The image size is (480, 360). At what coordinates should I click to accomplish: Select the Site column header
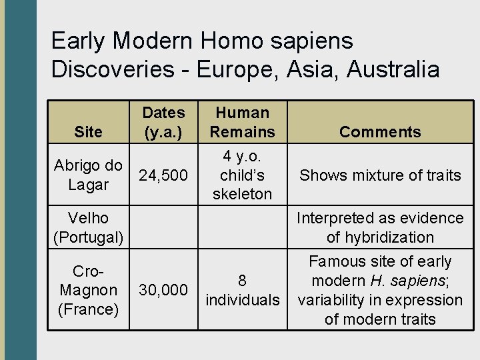tap(89, 132)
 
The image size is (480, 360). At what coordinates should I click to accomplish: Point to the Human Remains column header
tap(243, 122)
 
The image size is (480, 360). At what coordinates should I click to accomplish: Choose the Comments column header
tap(380, 132)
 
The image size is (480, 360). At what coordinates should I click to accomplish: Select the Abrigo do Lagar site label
tap(88, 175)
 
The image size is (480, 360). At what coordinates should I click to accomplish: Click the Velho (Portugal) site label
tap(88, 227)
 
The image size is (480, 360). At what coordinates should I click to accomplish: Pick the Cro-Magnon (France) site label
tap(88, 290)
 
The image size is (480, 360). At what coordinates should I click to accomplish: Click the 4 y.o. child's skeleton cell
tap(243, 175)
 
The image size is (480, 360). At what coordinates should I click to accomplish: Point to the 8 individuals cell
tap(243, 290)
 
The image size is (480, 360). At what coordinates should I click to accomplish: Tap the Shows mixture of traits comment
tap(380, 175)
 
